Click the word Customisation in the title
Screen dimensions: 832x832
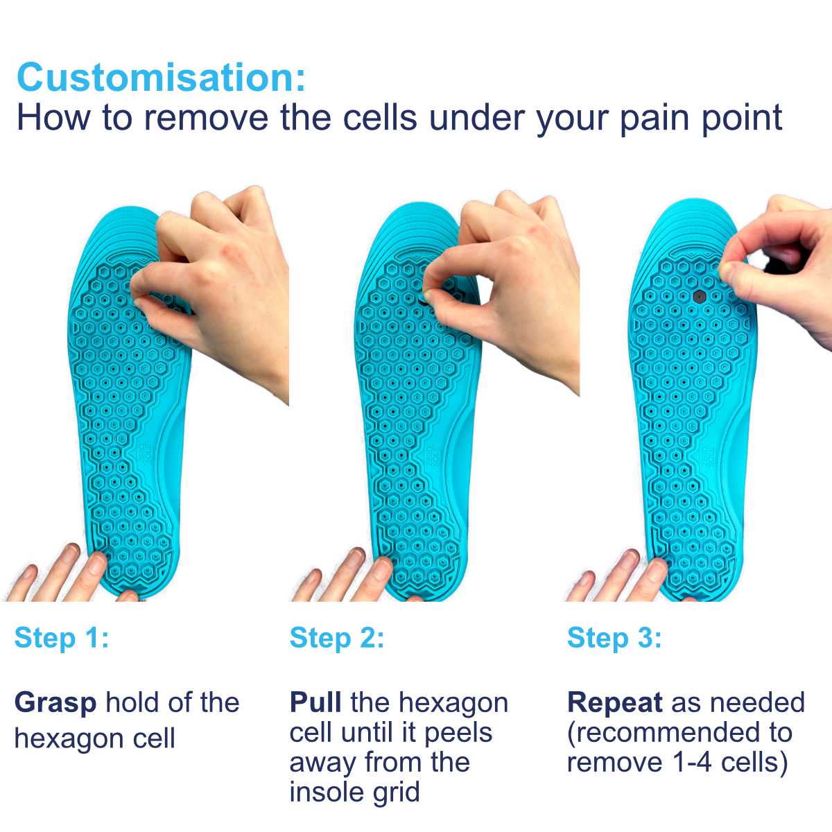(161, 77)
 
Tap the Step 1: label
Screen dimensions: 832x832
(62, 638)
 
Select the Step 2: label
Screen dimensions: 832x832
(337, 638)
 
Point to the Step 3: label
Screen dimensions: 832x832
(614, 638)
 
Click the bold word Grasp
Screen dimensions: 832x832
(55, 703)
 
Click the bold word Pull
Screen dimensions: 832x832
(315, 702)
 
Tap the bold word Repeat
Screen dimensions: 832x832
(614, 703)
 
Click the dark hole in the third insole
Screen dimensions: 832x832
(700, 296)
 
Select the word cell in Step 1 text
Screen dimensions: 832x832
(154, 738)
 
